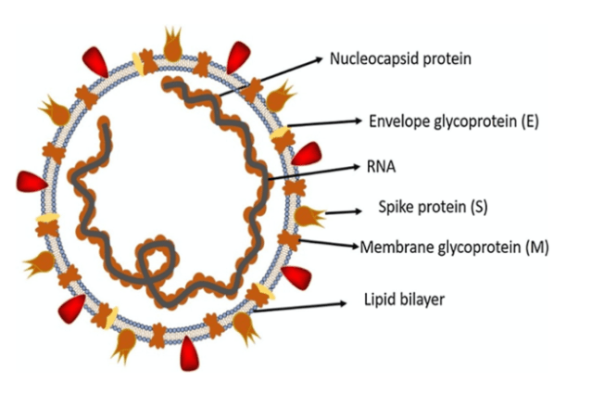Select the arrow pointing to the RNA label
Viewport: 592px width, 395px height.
[315, 173]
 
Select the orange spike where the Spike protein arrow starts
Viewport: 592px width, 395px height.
[308, 216]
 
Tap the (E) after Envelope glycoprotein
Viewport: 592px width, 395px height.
[529, 121]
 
